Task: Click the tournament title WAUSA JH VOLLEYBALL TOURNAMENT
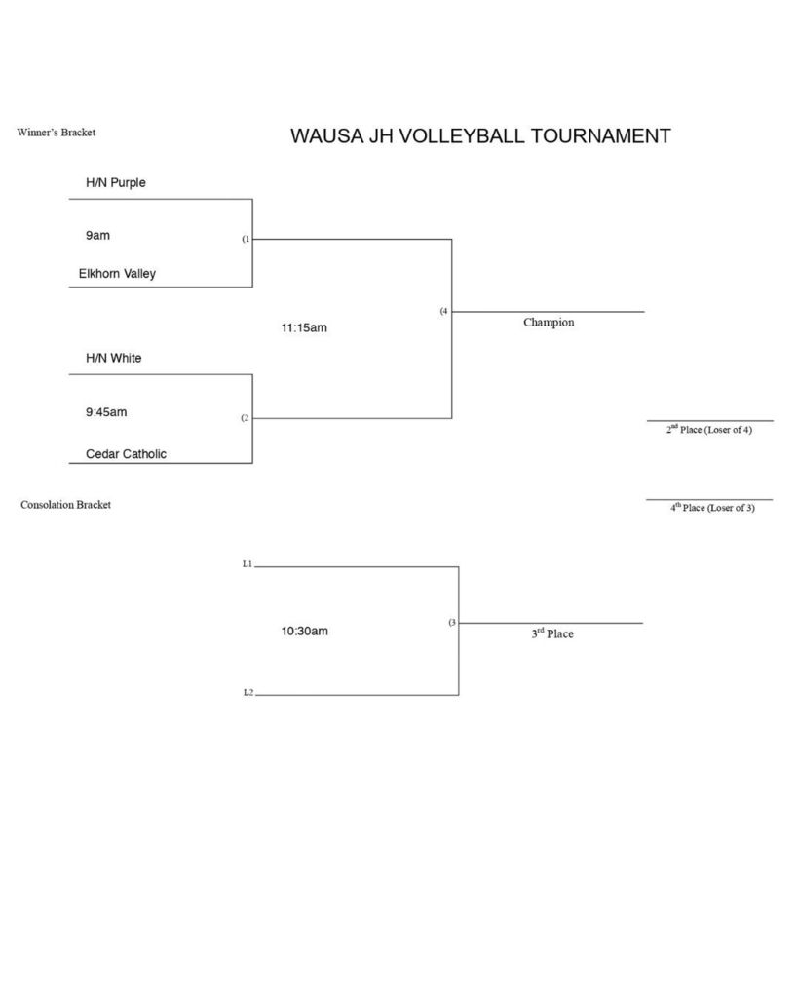[x=480, y=136]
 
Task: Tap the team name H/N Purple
[x=116, y=182]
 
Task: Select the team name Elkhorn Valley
[x=117, y=274]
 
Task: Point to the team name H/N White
[x=113, y=358]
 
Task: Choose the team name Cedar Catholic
[x=126, y=453]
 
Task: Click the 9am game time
[x=97, y=236]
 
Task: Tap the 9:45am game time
[x=106, y=412]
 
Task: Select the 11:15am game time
[x=304, y=328]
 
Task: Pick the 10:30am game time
[x=305, y=631]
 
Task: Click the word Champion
[x=549, y=322]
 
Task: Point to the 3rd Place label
[x=552, y=633]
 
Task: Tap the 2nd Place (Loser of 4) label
[x=708, y=429]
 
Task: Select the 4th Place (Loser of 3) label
[x=711, y=508]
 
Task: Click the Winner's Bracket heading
[x=57, y=133]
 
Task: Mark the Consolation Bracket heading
[x=65, y=505]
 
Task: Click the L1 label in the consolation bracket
[x=247, y=564]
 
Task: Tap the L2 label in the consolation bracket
[x=247, y=693]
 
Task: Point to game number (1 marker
[x=246, y=239]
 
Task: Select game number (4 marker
[x=443, y=312]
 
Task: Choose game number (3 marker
[x=452, y=623]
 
